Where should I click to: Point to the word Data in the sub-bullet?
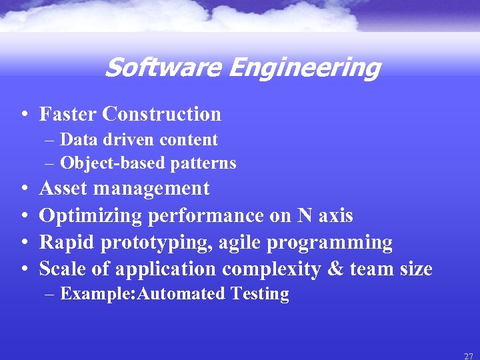tap(75, 140)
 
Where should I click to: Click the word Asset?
tap(64, 189)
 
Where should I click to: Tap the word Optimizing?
tap(91, 215)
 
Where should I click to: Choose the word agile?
tap(237, 242)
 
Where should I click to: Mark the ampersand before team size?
tap(331, 269)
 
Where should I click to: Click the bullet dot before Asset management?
tap(24, 189)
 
